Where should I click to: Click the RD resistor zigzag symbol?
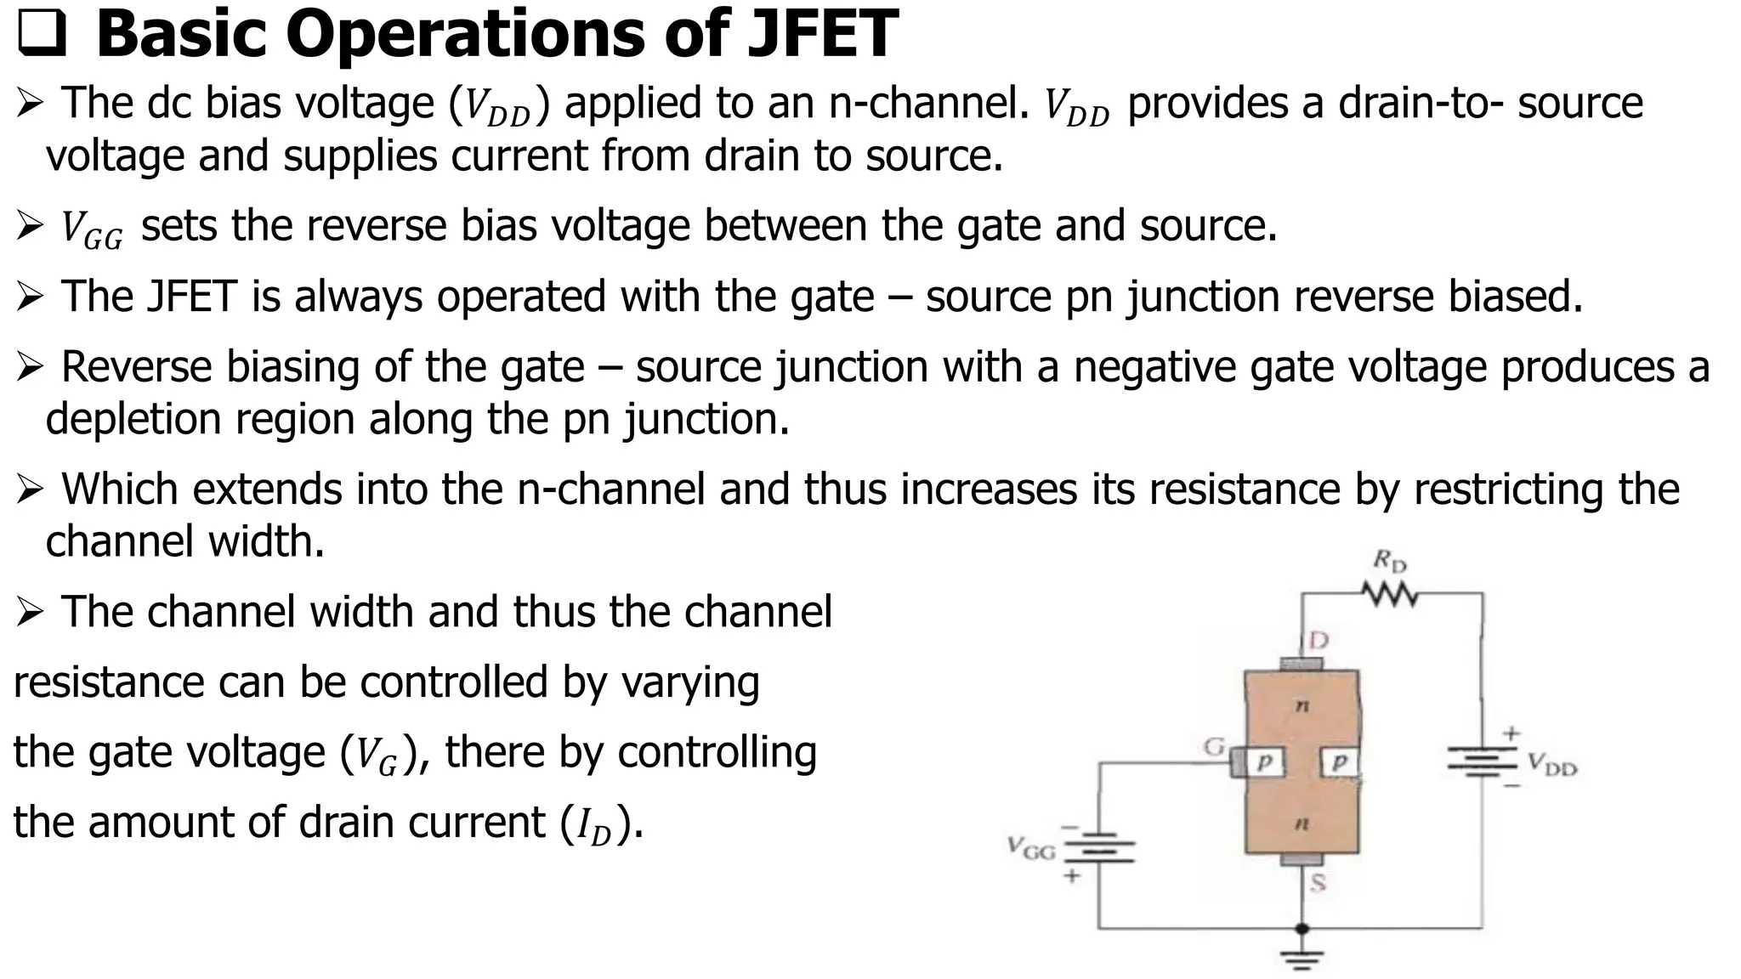[x=1389, y=594]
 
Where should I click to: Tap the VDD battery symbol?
[x=1483, y=761]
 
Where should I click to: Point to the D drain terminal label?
[x=1318, y=639]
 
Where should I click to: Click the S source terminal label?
[x=1318, y=883]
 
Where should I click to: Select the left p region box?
[x=1265, y=762]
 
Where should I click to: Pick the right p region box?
[x=1340, y=762]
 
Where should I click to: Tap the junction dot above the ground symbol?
[x=1301, y=928]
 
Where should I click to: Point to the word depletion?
[x=132, y=419]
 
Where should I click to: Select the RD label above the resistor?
[x=1390, y=561]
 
